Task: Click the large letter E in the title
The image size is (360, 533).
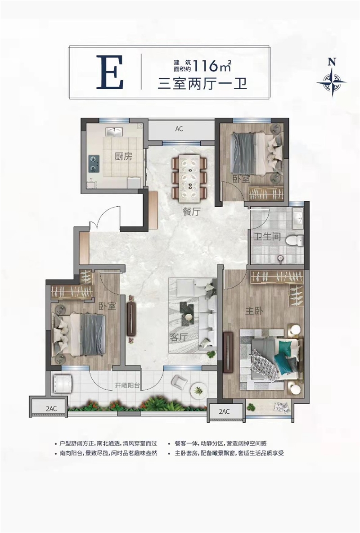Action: pos(109,72)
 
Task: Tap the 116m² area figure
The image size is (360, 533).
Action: pos(212,66)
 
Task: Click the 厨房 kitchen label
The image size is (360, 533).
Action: pos(123,156)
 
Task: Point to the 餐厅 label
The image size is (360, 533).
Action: pos(191,212)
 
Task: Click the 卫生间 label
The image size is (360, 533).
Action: pos(267,236)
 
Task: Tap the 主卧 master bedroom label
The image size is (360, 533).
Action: pos(254,310)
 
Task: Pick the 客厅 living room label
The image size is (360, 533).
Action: pos(179,337)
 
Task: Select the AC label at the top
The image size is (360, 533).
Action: pos(179,129)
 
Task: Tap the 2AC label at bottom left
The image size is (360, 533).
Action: pos(51,409)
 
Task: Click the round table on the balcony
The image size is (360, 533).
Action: pos(198,389)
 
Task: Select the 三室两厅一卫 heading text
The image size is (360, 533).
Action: pos(202,83)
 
